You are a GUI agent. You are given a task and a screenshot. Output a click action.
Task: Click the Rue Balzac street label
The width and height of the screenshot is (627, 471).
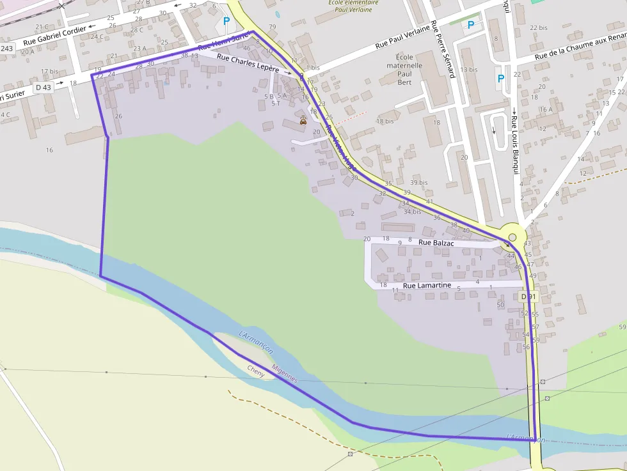click(x=436, y=243)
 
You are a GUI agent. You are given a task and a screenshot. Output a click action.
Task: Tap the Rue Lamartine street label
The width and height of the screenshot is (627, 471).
click(x=427, y=285)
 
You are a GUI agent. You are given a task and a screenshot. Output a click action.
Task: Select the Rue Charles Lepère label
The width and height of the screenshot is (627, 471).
click(x=248, y=63)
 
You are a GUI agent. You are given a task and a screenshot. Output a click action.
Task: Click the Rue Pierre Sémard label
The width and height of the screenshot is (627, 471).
click(x=443, y=49)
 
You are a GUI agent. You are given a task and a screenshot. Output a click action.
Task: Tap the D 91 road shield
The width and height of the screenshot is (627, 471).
click(x=528, y=297)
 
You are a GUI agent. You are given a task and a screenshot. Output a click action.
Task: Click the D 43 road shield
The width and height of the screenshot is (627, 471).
click(x=44, y=87)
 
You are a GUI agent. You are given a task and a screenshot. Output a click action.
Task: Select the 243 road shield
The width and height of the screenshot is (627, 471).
click(x=7, y=49)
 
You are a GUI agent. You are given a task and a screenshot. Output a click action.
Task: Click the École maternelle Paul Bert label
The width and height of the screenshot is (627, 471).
click(x=404, y=70)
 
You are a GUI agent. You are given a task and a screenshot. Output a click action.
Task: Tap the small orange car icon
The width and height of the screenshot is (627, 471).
click(x=303, y=120)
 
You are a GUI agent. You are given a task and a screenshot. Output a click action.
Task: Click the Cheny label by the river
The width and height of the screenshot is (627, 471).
click(x=255, y=371)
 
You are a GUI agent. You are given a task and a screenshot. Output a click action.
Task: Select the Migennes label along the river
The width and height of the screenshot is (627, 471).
click(x=285, y=373)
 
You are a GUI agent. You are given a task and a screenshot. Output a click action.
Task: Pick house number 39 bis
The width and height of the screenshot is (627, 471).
click(x=419, y=183)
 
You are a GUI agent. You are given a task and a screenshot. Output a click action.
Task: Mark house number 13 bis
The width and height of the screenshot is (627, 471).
click(x=468, y=70)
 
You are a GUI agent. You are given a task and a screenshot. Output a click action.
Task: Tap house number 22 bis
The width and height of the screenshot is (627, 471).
click(x=539, y=28)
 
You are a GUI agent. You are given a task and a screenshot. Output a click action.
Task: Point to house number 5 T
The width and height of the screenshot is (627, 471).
click(x=275, y=104)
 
